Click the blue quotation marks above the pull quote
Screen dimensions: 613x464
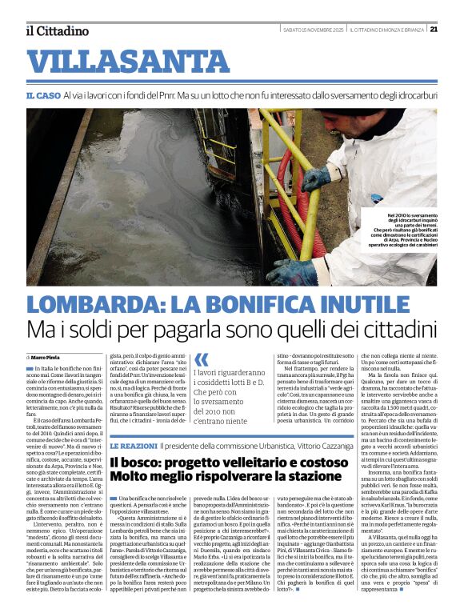click(x=202, y=359)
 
